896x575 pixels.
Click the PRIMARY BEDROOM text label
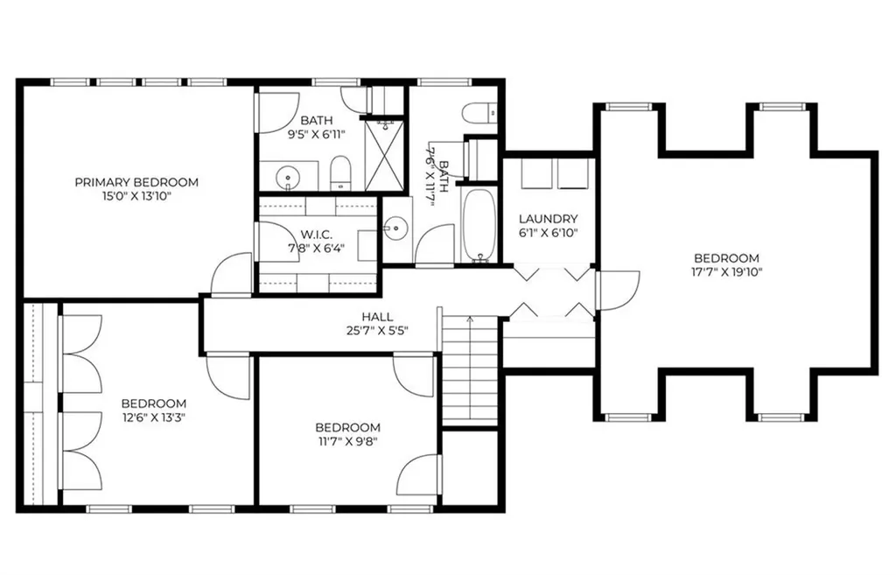coord(136,182)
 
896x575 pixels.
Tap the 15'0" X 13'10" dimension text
coord(136,197)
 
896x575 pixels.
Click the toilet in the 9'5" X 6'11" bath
coord(340,174)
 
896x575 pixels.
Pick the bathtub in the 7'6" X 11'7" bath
coord(479,225)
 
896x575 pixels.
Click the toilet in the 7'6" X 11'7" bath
coord(479,113)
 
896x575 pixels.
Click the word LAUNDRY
coord(549,219)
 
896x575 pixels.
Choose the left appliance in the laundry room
coord(535,173)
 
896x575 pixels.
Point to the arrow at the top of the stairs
coord(470,320)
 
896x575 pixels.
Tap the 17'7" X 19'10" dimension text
coord(728,272)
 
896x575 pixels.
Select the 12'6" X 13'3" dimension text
coord(154,417)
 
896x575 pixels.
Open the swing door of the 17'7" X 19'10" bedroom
coord(617,290)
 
